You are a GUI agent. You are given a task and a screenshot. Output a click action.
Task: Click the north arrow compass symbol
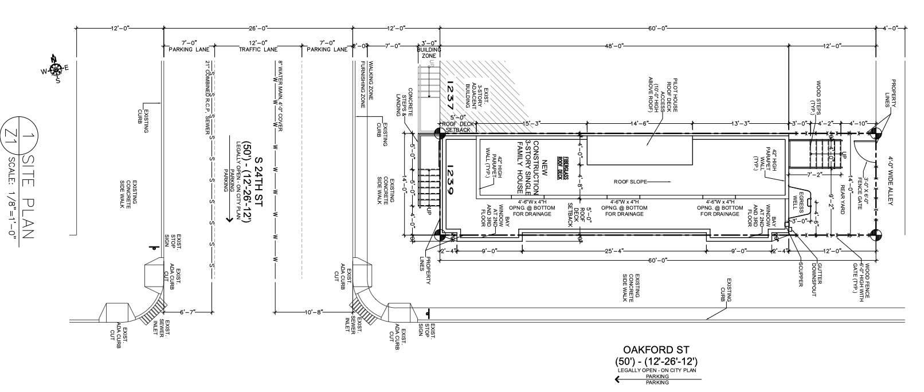click(56, 68)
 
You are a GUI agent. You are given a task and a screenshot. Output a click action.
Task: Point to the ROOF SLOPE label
click(630, 182)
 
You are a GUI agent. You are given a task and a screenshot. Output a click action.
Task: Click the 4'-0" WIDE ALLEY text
click(891, 174)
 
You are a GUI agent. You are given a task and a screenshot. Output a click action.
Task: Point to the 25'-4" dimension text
click(613, 250)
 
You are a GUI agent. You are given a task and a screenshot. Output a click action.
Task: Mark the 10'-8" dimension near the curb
click(314, 312)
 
